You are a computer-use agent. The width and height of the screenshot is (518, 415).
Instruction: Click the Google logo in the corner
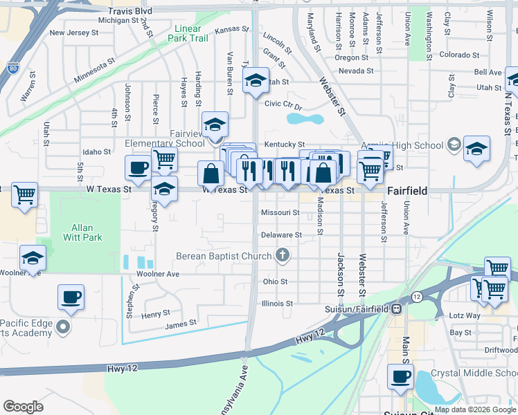click(x=23, y=407)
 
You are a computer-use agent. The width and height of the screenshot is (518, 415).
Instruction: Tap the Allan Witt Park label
click(x=87, y=232)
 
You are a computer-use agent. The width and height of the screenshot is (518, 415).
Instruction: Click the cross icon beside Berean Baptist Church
click(x=282, y=256)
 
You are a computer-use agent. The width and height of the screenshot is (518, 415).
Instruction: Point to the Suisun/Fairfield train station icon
click(x=397, y=308)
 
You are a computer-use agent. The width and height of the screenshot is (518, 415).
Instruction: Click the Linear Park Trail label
click(x=191, y=34)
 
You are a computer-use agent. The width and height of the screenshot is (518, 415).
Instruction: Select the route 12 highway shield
click(x=416, y=296)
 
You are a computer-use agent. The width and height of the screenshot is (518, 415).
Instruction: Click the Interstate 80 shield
click(x=12, y=68)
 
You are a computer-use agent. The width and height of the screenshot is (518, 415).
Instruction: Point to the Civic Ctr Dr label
click(x=284, y=105)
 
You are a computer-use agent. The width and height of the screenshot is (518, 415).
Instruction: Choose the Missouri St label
click(x=280, y=213)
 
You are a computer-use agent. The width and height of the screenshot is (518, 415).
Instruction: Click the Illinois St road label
click(x=278, y=303)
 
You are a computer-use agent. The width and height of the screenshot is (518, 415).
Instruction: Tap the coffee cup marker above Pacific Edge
click(x=71, y=297)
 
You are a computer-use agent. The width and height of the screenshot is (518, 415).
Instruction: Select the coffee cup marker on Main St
click(x=400, y=377)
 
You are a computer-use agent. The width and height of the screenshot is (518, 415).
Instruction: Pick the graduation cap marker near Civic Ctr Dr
click(x=256, y=81)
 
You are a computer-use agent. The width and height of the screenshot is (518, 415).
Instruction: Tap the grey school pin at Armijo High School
click(x=454, y=145)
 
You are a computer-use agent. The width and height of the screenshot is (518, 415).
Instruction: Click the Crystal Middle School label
click(x=475, y=373)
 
